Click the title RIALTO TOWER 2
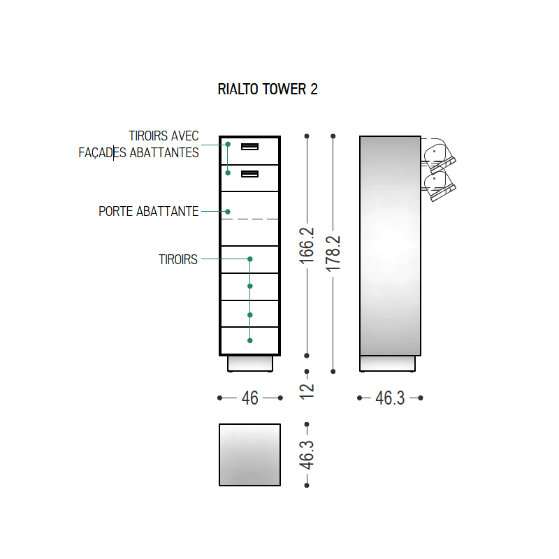(x=268, y=89)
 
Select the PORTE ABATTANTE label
(x=148, y=212)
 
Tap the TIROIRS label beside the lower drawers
(x=178, y=259)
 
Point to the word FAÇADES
(x=102, y=152)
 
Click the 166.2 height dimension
(x=307, y=246)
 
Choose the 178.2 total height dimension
(x=333, y=254)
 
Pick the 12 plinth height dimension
(x=307, y=391)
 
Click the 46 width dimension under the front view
(x=250, y=398)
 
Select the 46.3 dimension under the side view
(x=390, y=398)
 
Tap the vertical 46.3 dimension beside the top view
(x=307, y=455)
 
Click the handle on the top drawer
(x=250, y=147)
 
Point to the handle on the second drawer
(x=250, y=174)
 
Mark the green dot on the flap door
(x=228, y=212)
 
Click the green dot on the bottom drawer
(x=250, y=340)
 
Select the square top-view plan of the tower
(x=250, y=455)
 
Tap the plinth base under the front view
(x=250, y=363)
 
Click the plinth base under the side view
(x=388, y=363)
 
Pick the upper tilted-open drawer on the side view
(x=439, y=156)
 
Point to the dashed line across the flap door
(x=250, y=219)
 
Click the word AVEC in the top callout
(x=184, y=136)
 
